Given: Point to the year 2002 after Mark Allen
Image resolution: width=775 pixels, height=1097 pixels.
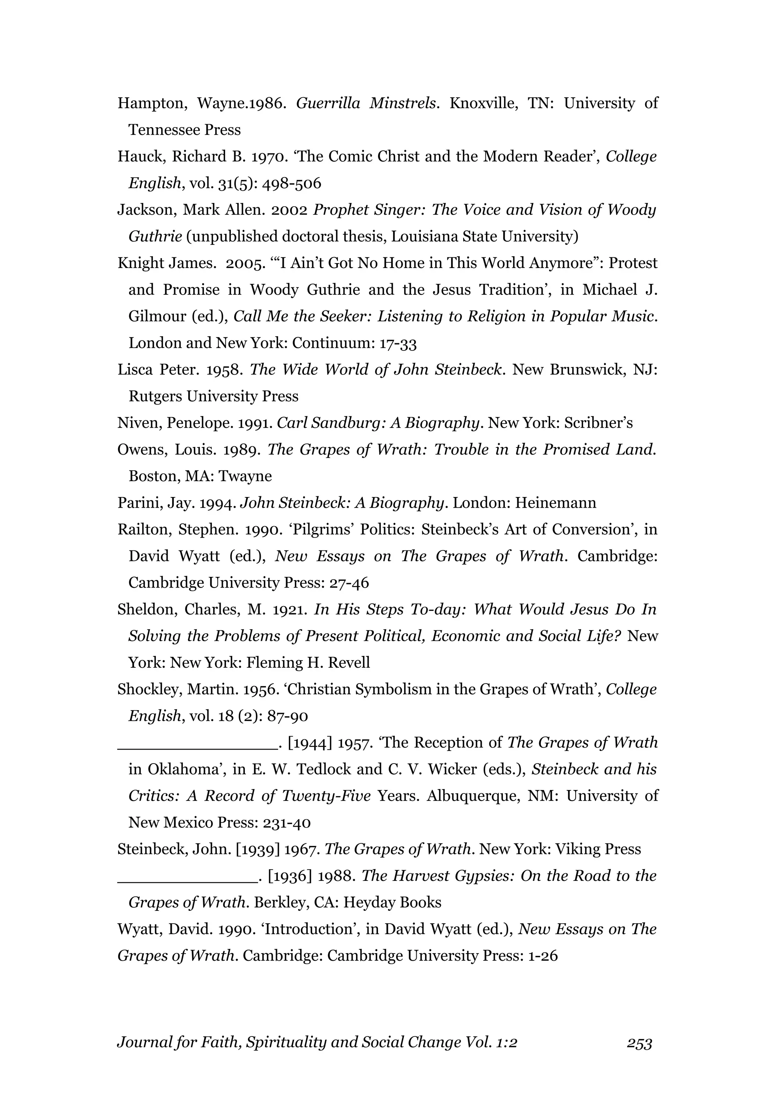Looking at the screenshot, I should tap(289, 210).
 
